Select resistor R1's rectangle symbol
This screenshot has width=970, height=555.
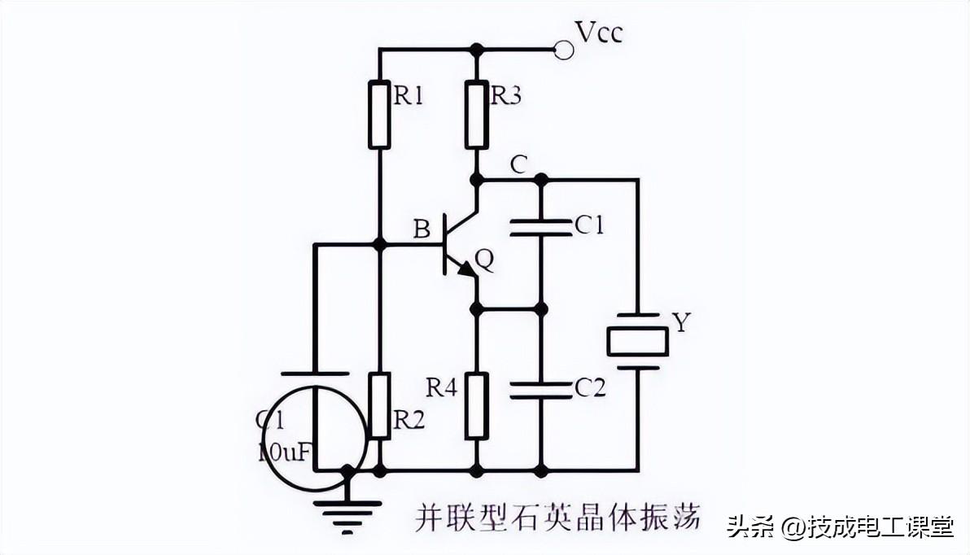(379, 115)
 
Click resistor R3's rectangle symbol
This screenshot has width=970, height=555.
(477, 115)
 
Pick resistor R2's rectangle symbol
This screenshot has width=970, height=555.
(379, 405)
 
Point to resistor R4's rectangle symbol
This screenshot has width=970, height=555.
(477, 405)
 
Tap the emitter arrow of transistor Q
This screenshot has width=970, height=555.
(465, 269)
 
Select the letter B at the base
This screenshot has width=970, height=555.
(422, 229)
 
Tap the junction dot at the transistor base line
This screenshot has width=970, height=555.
(379, 243)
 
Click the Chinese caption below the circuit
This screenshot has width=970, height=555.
(557, 518)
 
